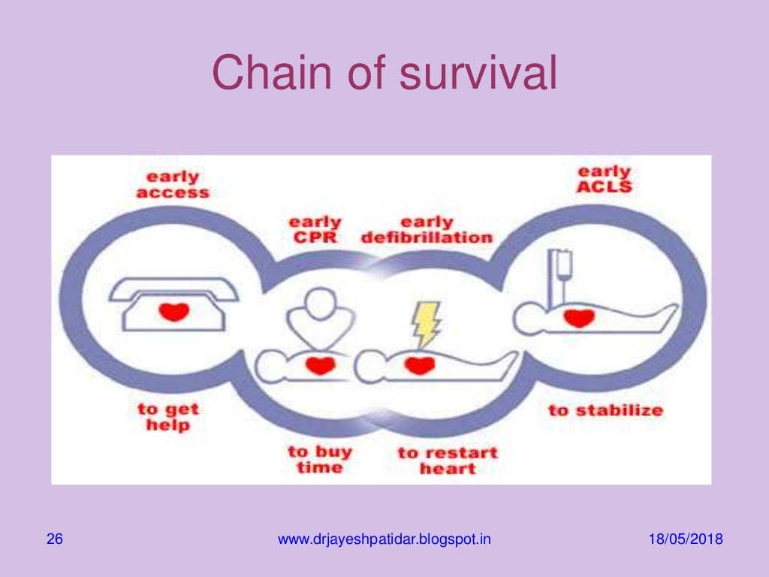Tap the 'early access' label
coord(173,185)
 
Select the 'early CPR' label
coord(315,231)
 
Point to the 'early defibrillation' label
coord(427,231)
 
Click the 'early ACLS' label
coord(605,179)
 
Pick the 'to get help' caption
coord(167,417)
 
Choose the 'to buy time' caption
coord(320,459)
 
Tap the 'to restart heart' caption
coord(448,461)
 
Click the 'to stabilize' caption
coord(605,410)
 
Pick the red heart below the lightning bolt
coord(420,366)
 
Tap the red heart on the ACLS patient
coord(578,317)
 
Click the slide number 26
coord(54,539)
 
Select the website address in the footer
coord(384,539)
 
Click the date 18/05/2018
coord(685,539)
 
